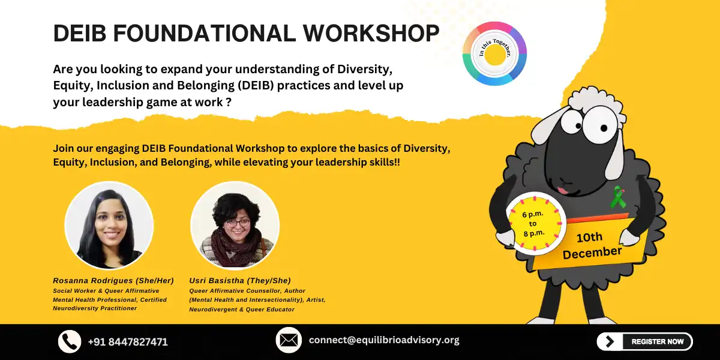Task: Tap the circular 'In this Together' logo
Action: [494, 53]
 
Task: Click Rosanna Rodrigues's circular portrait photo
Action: [109, 225]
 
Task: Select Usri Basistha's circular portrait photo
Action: [235, 225]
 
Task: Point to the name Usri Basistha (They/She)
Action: [240, 280]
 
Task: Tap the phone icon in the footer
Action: [70, 341]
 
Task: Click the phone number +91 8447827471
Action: [128, 342]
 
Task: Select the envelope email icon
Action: [289, 340]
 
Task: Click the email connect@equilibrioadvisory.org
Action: [384, 340]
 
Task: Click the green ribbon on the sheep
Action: [617, 197]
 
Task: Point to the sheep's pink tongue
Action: [562, 190]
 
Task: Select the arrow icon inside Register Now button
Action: [610, 341]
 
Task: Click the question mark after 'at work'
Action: [229, 102]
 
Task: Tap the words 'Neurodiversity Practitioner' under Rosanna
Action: [95, 308]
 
